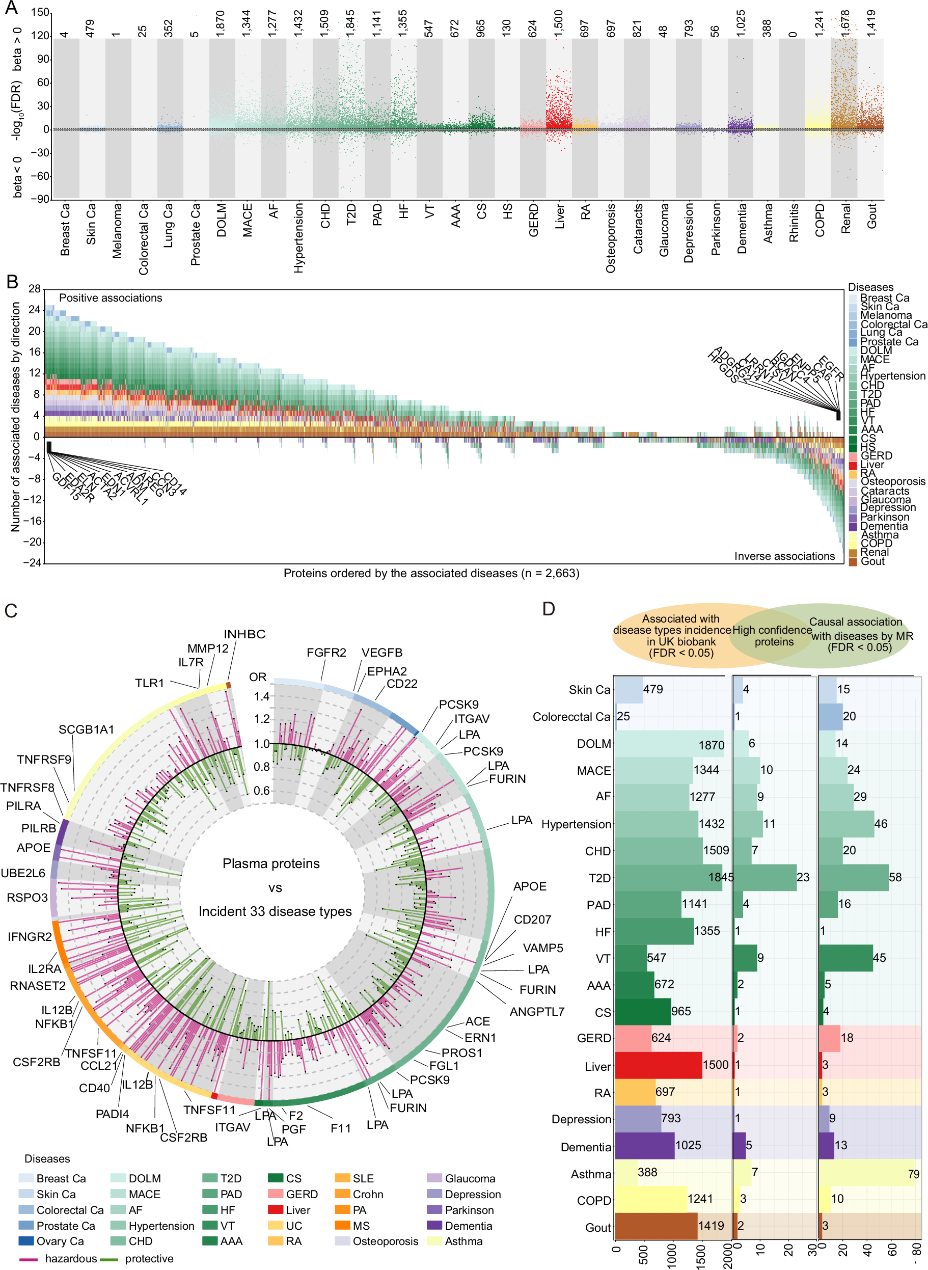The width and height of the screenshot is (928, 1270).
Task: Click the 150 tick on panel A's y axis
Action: click(40, 13)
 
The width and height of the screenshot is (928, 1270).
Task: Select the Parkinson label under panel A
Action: click(716, 229)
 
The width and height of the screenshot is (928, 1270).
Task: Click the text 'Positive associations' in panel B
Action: click(111, 298)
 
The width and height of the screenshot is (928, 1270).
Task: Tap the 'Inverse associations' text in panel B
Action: click(784, 556)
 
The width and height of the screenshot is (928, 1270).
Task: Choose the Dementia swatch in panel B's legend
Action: click(853, 526)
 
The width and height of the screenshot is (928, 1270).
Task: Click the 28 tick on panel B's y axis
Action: click(34, 289)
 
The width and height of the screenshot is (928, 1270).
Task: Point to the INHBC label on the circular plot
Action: click(244, 634)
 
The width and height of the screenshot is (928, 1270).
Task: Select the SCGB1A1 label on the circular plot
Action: click(86, 729)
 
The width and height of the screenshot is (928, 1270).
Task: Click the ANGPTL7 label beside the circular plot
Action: click(537, 1012)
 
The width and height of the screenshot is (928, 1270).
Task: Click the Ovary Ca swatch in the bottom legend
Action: click(26, 1241)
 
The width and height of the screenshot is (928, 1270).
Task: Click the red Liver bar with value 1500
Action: click(659, 1065)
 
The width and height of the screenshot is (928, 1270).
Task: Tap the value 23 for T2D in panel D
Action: click(803, 877)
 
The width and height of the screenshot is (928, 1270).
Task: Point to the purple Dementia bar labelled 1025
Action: click(644, 1145)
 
